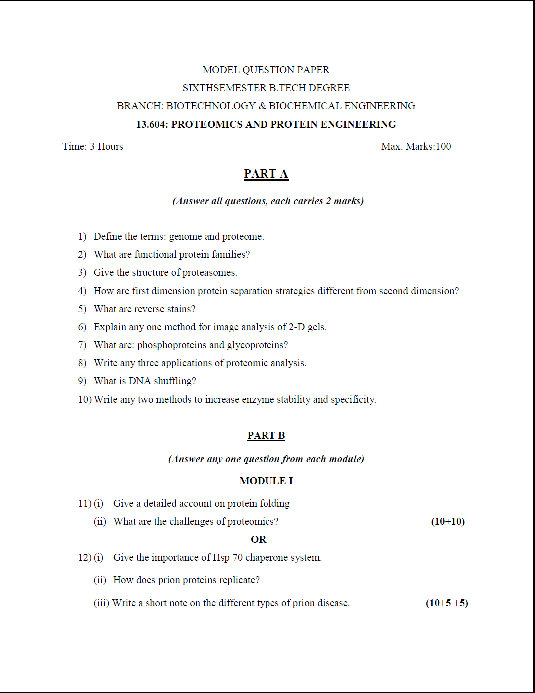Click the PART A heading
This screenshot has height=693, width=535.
pos(266,174)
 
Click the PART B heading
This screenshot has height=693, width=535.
pos(266,436)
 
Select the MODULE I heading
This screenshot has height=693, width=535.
pos(266,481)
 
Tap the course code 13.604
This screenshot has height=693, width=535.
pos(151,125)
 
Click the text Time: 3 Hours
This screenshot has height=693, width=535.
pos(92,147)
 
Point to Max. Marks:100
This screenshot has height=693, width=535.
pos(416,147)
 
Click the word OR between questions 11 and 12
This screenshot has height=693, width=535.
pos(259,540)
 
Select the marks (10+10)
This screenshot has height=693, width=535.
pos(448,522)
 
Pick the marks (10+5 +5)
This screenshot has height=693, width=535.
pos(447,603)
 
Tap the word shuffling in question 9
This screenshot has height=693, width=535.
pos(174,381)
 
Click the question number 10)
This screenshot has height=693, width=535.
pos(85,400)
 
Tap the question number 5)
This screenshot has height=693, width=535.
pos(82,309)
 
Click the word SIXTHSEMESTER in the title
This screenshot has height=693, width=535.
pos(225,88)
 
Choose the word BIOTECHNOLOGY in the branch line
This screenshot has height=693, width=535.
pos(211,106)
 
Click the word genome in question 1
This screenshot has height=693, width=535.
pos(185,237)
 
